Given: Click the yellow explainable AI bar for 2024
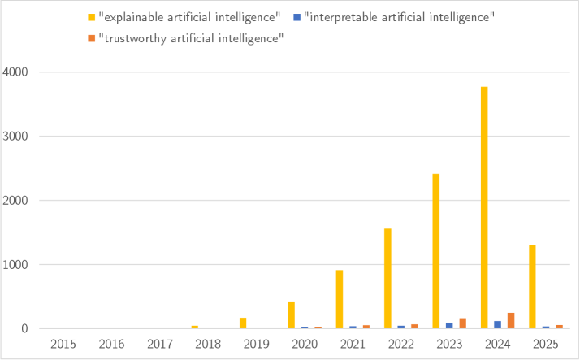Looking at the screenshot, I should (x=484, y=207).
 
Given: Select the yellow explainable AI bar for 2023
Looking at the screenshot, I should (x=436, y=251).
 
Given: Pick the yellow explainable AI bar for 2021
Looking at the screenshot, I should (x=340, y=299).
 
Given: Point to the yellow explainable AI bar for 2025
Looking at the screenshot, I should (x=532, y=287).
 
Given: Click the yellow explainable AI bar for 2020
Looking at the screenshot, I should (x=291, y=315).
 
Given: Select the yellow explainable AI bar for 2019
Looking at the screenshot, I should (x=243, y=323).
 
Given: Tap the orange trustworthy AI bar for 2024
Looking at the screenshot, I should (x=511, y=321).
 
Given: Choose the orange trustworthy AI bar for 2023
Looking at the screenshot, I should (x=463, y=323).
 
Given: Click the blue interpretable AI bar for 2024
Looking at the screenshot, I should (x=498, y=325).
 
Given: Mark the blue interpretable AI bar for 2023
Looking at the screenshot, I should (x=449, y=326).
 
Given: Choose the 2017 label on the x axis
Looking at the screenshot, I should (x=159, y=345).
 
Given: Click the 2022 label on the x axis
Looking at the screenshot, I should (x=400, y=345).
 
